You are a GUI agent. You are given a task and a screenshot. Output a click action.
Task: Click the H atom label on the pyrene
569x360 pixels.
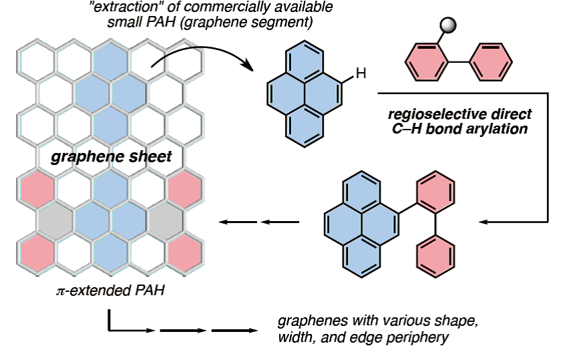(x=361, y=75)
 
